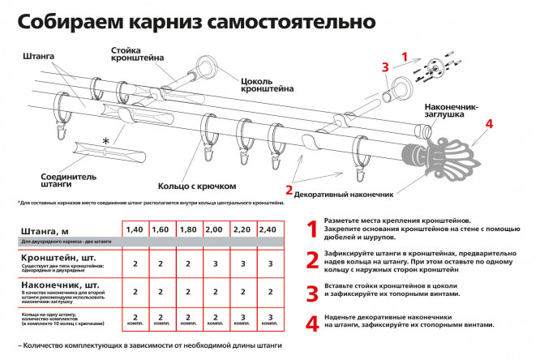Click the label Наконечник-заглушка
click(x=451, y=111)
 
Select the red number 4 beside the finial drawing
click(x=488, y=124)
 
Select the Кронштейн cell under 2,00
click(x=216, y=264)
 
